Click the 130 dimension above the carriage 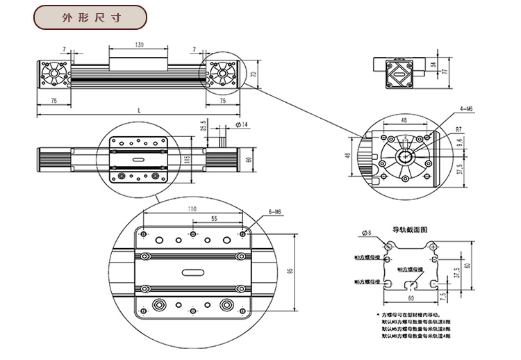pos(140,44)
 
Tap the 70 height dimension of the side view pos(254,73)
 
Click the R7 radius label pos(459,129)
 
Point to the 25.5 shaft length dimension pos(204,129)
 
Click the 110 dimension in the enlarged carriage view pos(192,208)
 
